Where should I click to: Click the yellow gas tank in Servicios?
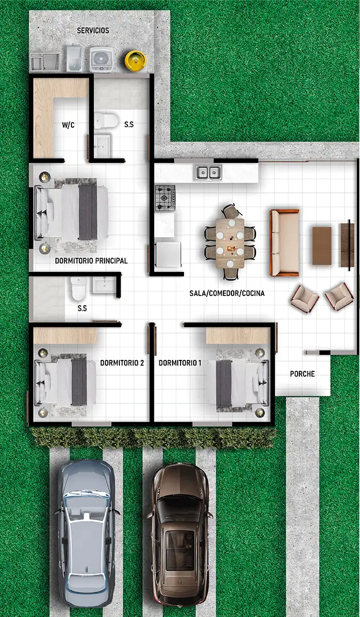click(x=135, y=61)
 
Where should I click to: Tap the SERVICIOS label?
click(x=93, y=30)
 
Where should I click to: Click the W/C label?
click(x=68, y=126)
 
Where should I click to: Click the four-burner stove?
click(x=165, y=198)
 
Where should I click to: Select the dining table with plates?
click(x=230, y=243)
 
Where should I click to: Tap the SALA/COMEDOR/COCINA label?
click(x=227, y=293)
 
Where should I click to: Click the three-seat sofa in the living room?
click(x=284, y=242)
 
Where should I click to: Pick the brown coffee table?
click(x=322, y=246)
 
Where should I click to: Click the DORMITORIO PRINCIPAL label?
click(x=91, y=261)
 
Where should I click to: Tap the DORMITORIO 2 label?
click(x=122, y=363)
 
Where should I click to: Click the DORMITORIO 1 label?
click(x=180, y=363)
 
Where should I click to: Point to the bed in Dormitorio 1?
click(x=238, y=383)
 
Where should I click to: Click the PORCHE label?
click(x=302, y=374)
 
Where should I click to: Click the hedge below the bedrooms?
click(x=153, y=438)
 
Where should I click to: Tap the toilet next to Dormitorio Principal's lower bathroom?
click(x=78, y=289)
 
